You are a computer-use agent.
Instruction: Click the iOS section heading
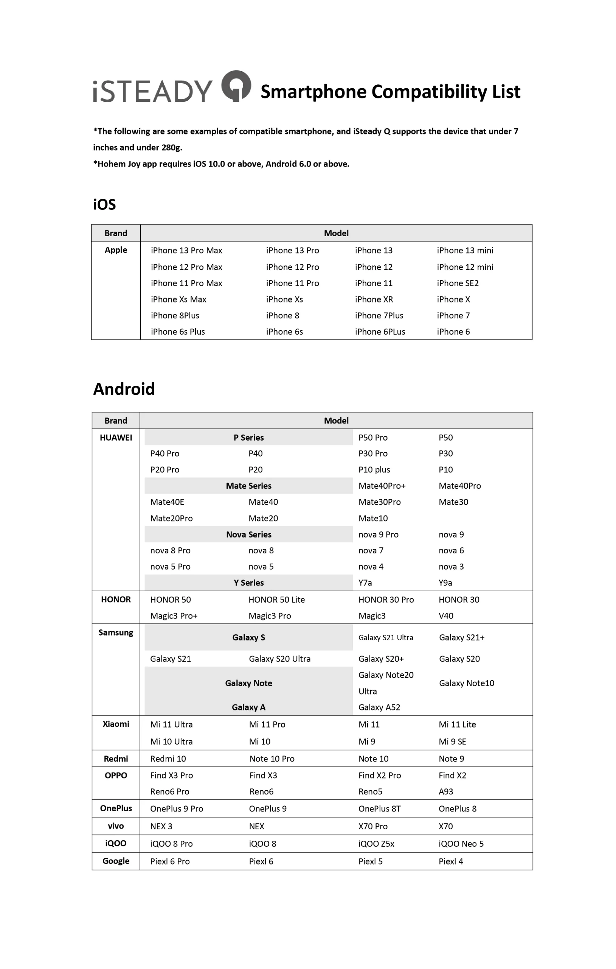point(104,204)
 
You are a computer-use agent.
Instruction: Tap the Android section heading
point(124,389)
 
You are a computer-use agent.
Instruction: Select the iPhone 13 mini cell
point(465,250)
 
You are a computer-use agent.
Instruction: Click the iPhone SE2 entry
point(458,283)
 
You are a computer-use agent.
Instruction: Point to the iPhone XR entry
point(374,299)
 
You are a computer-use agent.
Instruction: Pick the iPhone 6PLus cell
point(380,332)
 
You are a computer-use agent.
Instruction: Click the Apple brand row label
point(116,250)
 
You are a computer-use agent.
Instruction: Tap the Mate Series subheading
point(248,486)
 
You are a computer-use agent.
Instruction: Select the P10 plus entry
point(374,470)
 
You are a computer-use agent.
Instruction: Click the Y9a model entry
point(445,583)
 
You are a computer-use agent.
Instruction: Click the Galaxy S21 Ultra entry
point(386,637)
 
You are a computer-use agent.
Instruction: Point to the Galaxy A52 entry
point(379,707)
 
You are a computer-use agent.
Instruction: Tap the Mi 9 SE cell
point(452,741)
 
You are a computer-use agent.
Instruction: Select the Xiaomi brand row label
point(116,724)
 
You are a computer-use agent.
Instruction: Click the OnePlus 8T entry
point(379,809)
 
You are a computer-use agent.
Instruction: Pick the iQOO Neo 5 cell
point(461,843)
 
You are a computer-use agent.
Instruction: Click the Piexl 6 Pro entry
point(170,861)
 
